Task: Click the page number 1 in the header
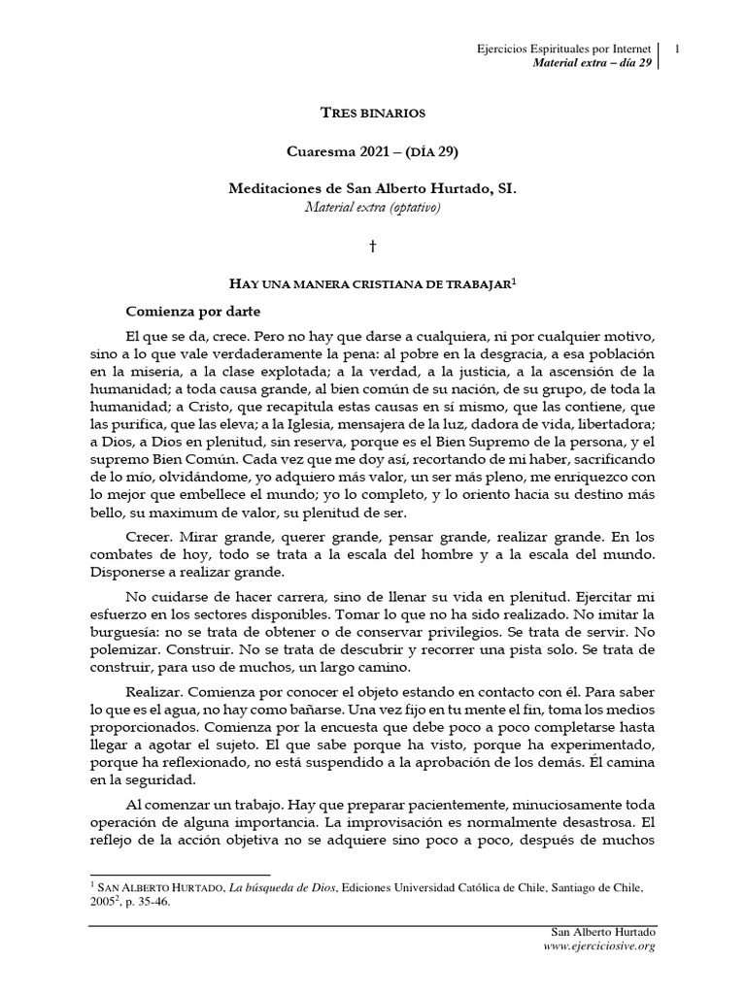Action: point(676,47)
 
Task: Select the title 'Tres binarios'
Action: point(373,114)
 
